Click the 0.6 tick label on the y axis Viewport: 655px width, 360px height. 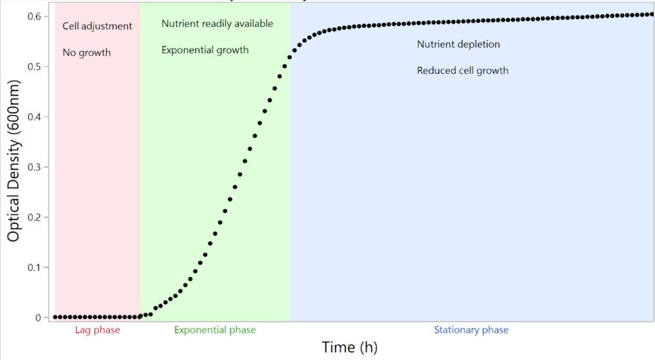[x=34, y=16]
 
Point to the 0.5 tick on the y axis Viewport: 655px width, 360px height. [x=34, y=67]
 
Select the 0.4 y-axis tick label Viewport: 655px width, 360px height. [x=34, y=117]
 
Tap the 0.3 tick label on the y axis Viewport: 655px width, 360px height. [x=34, y=167]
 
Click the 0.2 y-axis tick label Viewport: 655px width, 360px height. [x=34, y=217]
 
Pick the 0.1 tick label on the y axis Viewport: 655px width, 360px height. [x=34, y=268]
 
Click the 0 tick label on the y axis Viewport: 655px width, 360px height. [x=39, y=317]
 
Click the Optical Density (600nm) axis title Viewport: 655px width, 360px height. [x=14, y=160]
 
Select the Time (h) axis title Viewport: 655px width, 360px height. [x=349, y=347]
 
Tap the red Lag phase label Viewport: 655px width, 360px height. [x=98, y=330]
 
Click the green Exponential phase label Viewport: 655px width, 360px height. [x=215, y=330]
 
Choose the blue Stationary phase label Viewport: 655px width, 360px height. [x=471, y=330]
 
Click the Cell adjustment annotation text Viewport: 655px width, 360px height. [x=97, y=26]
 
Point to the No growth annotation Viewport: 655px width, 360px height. [x=86, y=52]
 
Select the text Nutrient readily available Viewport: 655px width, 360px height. [x=217, y=24]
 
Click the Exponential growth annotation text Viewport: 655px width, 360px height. [x=205, y=50]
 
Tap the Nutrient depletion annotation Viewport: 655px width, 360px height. [x=458, y=45]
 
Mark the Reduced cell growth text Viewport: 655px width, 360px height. [x=462, y=70]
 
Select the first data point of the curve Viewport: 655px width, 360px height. [x=55, y=317]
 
